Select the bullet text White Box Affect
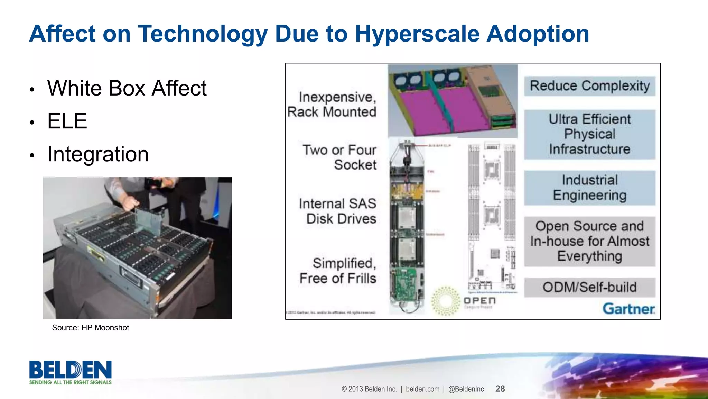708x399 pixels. [127, 88]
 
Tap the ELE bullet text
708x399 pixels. [67, 121]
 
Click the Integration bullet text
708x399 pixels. [98, 154]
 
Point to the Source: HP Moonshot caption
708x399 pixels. [90, 328]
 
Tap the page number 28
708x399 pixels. [500, 389]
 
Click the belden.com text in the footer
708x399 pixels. [422, 389]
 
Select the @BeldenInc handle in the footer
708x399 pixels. [466, 389]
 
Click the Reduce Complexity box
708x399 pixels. [590, 86]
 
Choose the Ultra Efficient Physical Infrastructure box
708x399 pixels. [590, 134]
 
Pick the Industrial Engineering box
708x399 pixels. [590, 188]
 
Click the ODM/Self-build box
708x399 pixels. [590, 287]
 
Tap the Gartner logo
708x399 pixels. [628, 308]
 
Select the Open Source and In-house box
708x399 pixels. [590, 241]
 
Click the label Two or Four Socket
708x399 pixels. [339, 157]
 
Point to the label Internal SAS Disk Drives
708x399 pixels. [338, 211]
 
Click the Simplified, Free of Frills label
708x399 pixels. [338, 271]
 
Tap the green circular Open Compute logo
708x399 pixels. [446, 300]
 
